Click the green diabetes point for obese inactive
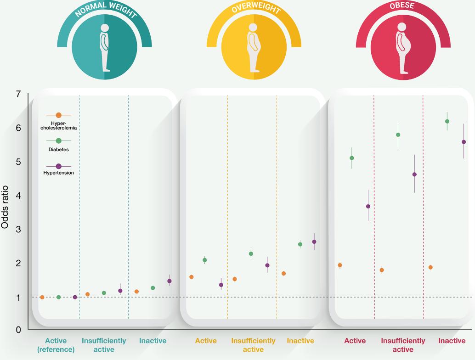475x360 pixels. tap(447, 121)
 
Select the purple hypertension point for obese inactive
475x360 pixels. tap(464, 142)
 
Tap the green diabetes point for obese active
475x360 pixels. tap(352, 158)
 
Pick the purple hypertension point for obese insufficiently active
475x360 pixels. tap(414, 174)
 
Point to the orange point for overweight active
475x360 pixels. tap(192, 277)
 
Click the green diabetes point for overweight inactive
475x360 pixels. tap(300, 244)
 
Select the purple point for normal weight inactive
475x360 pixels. tap(170, 281)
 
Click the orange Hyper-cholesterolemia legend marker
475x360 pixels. tap(58, 115)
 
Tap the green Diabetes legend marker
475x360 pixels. tap(58, 141)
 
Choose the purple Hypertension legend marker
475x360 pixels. tap(58, 166)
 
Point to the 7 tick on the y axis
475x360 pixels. tap(18, 95)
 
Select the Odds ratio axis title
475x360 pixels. tap(5, 207)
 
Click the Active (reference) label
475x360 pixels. tap(56, 345)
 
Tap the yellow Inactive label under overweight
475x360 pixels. tap(300, 341)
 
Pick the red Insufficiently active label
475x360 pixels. tap(403, 345)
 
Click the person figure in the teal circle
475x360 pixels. tap(105, 47)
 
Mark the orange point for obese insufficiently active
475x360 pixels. tap(382, 270)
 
